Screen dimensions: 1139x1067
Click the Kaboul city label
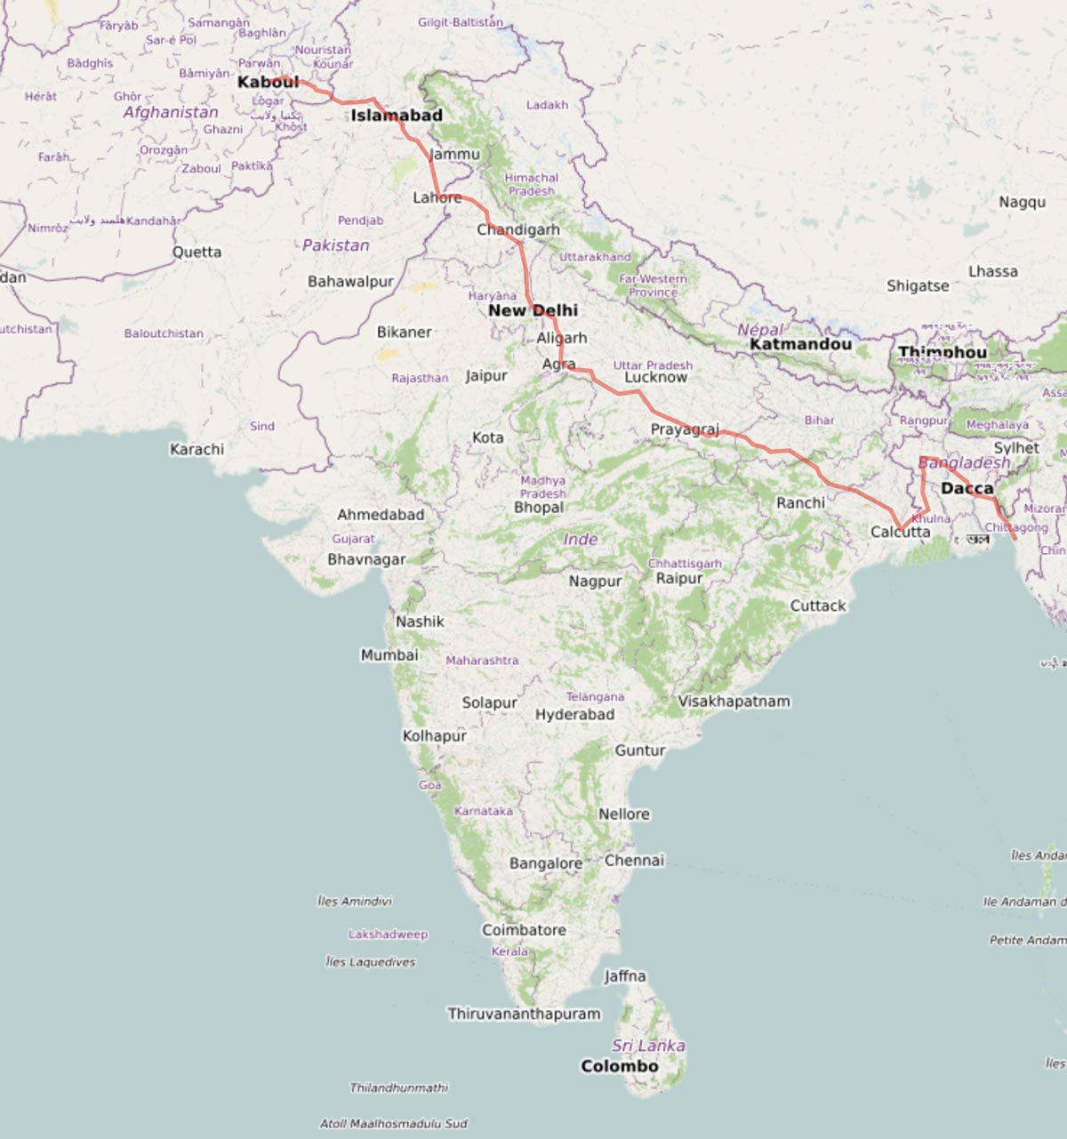268,83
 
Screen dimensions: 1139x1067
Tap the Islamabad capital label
396,116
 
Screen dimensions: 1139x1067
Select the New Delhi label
533,310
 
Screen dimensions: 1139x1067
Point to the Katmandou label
800,344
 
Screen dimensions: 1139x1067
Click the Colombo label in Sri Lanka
619,1066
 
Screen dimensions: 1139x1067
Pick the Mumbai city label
389,655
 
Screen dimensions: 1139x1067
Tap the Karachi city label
197,449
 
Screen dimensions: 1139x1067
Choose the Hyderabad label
574,715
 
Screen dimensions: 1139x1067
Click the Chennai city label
634,861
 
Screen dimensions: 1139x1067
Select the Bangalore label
545,863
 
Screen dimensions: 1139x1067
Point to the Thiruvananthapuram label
524,1014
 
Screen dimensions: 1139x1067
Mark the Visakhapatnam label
734,702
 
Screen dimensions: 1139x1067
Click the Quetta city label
197,252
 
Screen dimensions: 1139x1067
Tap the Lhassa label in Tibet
992,271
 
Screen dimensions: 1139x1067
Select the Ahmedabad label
380,515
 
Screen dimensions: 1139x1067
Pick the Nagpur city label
595,582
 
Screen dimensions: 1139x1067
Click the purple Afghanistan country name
171,112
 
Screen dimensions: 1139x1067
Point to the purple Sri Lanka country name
648,1046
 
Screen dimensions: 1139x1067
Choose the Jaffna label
624,976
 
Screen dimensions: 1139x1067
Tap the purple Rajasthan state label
420,378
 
